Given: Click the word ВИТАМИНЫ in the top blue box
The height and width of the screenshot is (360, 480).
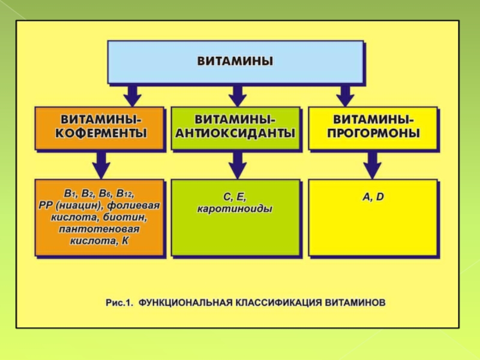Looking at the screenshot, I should click(235, 61).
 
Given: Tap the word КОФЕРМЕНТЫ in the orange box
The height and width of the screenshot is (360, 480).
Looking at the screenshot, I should click(100, 133).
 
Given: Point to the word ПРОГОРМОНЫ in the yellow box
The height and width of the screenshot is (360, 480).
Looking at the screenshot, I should click(373, 132).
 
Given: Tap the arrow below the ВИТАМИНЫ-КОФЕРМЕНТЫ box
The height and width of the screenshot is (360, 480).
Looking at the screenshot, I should click(101, 163).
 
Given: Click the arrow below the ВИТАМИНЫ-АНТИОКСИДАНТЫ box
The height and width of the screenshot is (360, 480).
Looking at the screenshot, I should click(238, 163).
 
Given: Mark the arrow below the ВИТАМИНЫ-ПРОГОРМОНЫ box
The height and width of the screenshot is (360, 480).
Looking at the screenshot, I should click(373, 163).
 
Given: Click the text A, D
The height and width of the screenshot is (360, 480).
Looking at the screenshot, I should click(373, 197).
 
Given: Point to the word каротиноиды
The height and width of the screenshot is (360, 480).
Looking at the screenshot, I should click(235, 209).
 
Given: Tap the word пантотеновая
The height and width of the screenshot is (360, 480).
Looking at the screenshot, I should click(99, 229).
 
